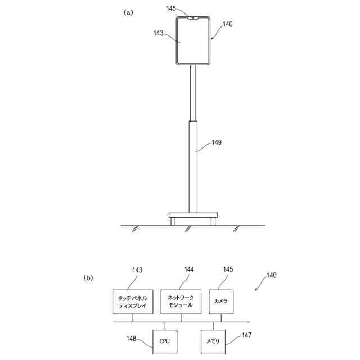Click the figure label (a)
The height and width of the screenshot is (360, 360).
click(128, 12)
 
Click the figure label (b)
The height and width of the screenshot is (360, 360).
click(88, 277)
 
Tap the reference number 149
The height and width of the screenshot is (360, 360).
click(216, 143)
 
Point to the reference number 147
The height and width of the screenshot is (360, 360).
click(246, 335)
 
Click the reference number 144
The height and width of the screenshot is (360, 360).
click(190, 270)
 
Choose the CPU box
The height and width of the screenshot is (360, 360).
click(165, 341)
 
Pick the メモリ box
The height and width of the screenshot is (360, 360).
click(213, 341)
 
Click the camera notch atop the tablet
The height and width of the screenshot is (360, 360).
click(193, 18)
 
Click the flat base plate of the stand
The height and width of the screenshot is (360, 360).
click(193, 215)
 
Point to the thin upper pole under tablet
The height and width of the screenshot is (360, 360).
click(193, 93)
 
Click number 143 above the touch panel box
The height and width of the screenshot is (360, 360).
click(137, 270)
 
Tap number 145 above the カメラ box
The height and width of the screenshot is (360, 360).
click(228, 270)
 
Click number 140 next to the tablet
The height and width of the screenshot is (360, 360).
click(228, 24)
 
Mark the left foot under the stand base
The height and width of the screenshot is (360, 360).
click(173, 221)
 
